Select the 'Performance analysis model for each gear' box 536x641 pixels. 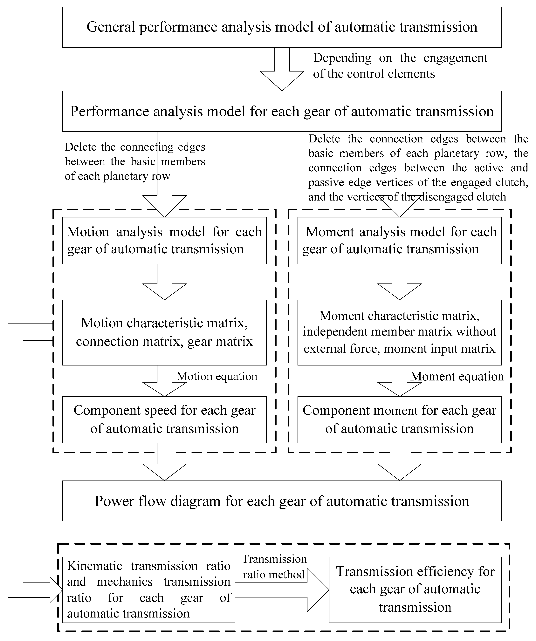[282, 111]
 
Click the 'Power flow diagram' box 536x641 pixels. [282, 501]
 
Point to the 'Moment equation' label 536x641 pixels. [457, 376]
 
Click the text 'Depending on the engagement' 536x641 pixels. [400, 58]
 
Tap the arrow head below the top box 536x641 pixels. [282, 80]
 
